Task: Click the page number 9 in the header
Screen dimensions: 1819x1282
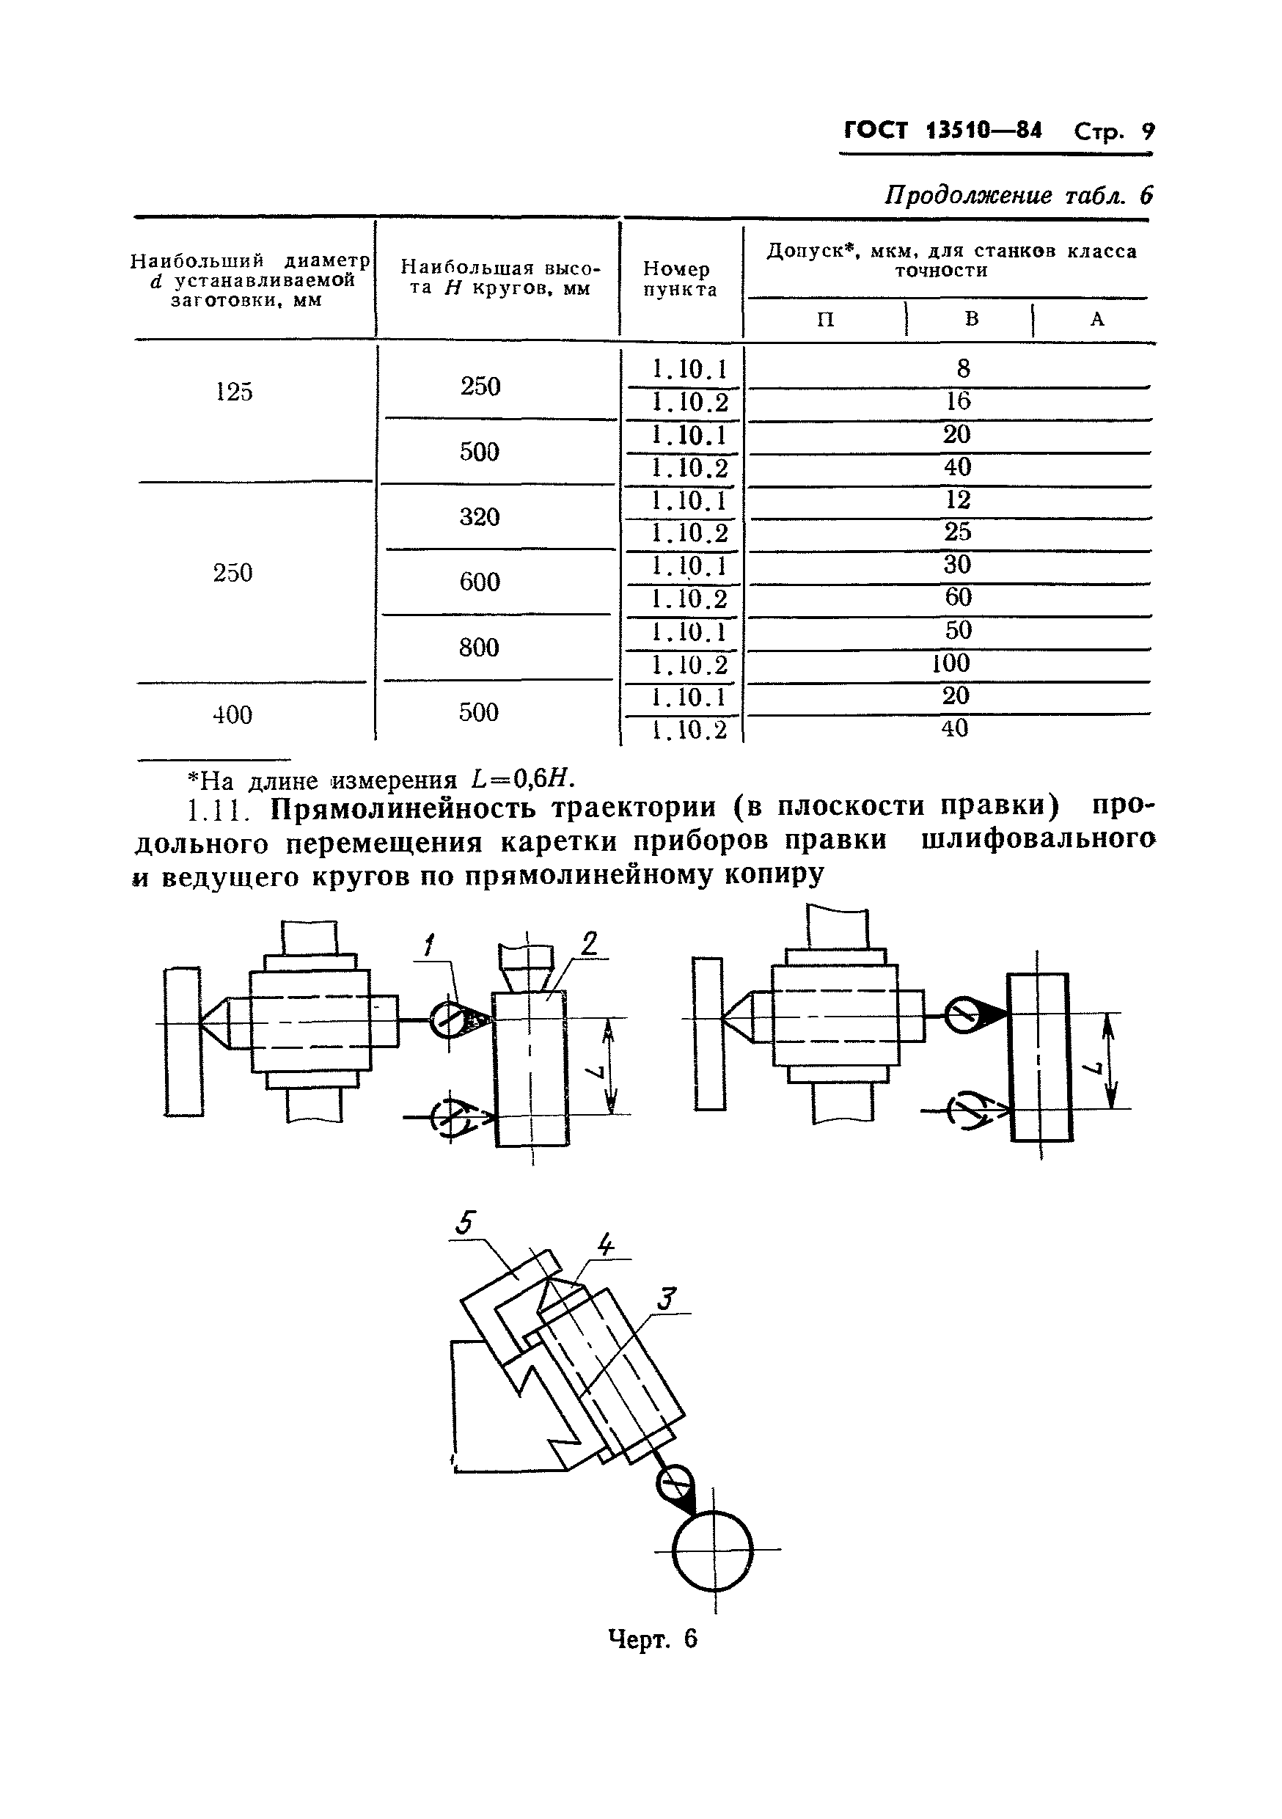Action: [1146, 131]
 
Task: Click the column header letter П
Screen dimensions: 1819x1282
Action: [826, 319]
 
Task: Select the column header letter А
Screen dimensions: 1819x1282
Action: [1096, 319]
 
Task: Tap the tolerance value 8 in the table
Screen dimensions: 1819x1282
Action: [963, 368]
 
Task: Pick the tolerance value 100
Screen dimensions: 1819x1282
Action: [950, 662]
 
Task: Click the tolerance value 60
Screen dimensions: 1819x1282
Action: [958, 596]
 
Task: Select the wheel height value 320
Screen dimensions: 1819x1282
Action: [480, 516]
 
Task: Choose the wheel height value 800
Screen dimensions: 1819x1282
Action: [480, 647]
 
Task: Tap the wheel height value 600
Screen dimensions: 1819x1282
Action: [480, 582]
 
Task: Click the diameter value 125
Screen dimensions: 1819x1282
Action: [234, 392]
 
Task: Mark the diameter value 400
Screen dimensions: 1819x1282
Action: [232, 714]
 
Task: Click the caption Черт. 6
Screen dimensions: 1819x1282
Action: [652, 1638]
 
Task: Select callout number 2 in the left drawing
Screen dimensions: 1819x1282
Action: [589, 943]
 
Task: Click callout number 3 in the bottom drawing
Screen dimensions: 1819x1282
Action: [667, 1298]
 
